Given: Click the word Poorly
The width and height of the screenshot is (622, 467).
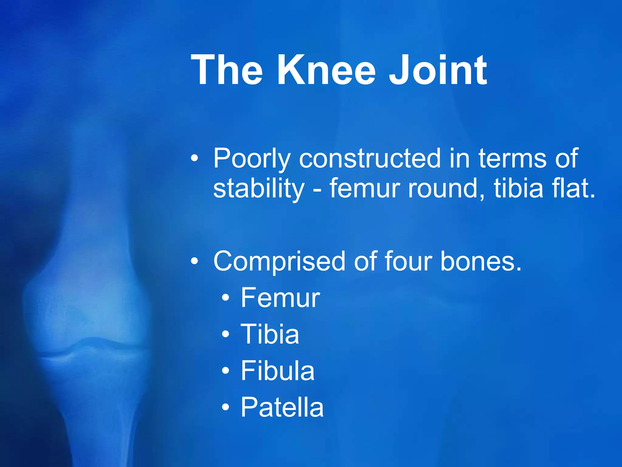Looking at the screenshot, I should coord(252,159).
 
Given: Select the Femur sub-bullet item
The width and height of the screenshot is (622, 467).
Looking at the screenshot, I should coord(280,298).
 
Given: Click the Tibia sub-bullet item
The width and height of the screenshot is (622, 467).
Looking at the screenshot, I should coord(270,334).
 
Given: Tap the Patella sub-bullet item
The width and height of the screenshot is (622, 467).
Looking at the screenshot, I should coord(282,407).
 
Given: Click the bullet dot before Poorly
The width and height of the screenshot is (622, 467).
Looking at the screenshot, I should coord(194,158).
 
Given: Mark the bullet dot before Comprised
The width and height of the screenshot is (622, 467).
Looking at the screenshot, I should coord(194,261).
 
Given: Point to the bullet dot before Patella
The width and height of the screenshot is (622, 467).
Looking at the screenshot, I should coord(225,407).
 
